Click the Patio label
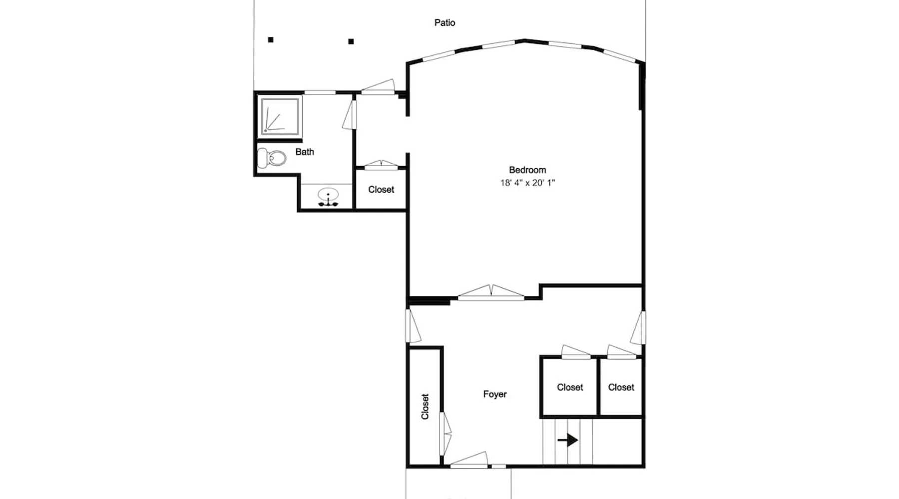[445, 22]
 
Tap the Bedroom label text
[527, 170]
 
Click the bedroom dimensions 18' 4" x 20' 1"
[527, 183]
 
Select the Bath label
[305, 152]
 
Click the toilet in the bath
[271, 158]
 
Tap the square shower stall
[280, 117]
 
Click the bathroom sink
[328, 197]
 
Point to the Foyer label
[495, 394]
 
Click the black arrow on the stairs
[568, 440]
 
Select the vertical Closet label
[425, 407]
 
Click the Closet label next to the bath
[381, 190]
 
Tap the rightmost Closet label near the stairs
[621, 387]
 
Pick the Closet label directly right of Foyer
[570, 387]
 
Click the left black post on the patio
[271, 40]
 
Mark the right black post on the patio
[351, 41]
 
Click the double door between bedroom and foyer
[491, 292]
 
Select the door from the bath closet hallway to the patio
[378, 86]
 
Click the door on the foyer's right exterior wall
[638, 328]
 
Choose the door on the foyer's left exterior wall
[413, 326]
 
